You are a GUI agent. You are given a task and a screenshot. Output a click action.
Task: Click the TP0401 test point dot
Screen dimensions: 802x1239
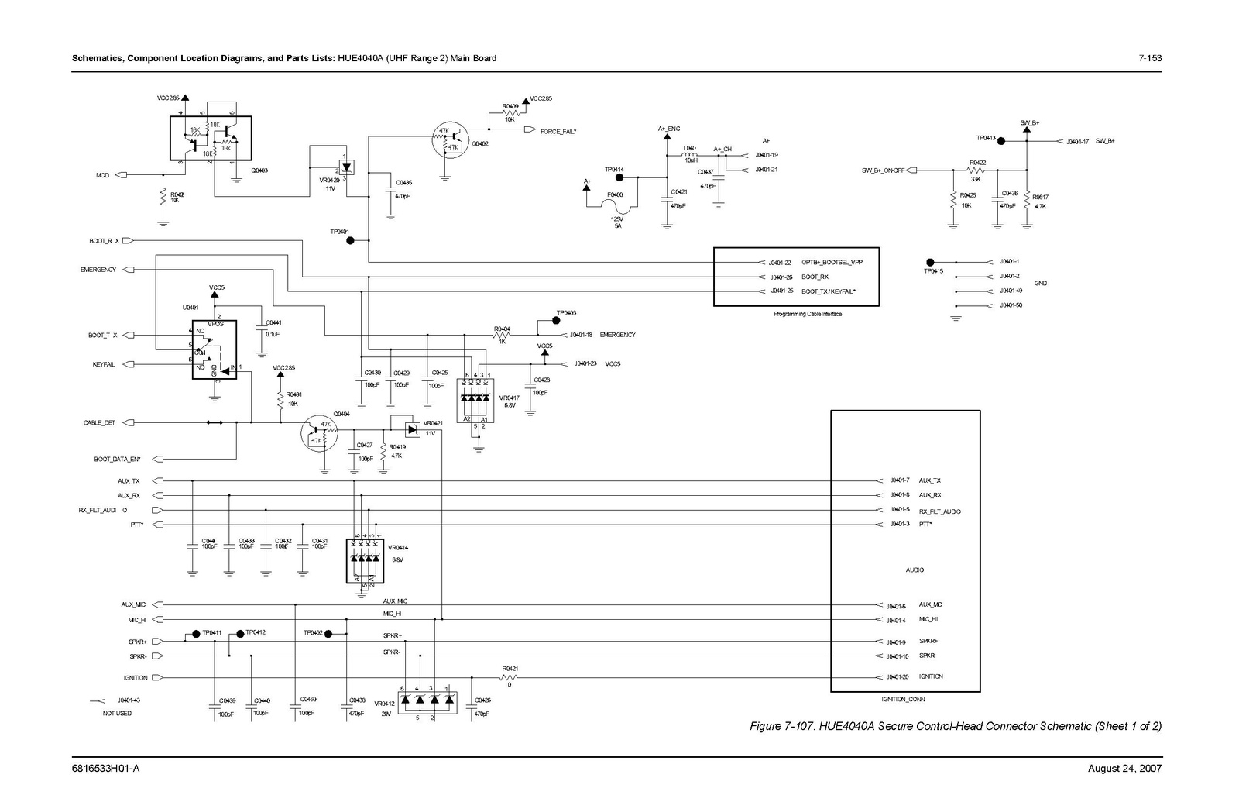350,241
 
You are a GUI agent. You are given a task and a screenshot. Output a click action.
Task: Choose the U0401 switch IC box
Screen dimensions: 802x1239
214,349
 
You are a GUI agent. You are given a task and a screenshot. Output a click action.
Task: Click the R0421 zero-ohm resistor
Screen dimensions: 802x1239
510,677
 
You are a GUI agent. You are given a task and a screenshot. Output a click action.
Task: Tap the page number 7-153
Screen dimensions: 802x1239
1150,58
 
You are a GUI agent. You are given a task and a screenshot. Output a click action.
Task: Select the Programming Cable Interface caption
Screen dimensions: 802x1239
808,314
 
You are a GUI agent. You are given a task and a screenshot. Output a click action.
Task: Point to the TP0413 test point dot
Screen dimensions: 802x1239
1000,141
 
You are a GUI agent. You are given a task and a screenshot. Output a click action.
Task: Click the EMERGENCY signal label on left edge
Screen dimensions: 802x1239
98,270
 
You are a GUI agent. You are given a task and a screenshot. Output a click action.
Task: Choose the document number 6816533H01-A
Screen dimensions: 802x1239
105,768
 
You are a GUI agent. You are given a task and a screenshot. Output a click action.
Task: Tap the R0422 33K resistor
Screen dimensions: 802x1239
976,170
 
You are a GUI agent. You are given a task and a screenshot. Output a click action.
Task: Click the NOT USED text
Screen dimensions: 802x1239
117,713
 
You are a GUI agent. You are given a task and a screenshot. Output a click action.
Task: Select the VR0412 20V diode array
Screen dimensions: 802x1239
427,700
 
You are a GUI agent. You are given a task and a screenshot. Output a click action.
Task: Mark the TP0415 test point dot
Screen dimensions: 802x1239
930,262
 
